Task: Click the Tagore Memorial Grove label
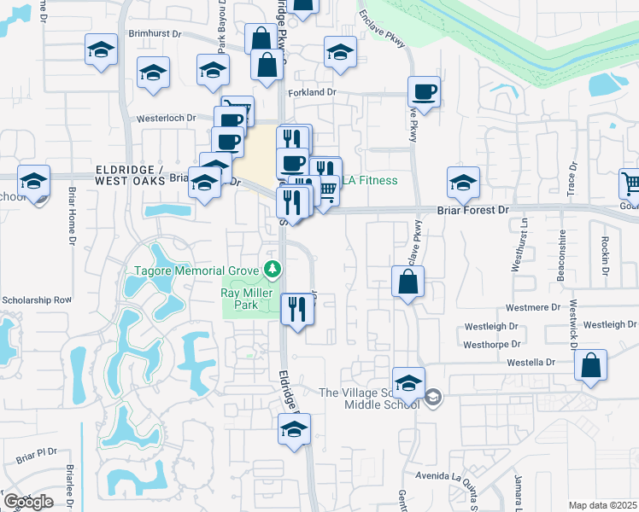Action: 196,271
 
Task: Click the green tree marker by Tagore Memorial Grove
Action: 273,271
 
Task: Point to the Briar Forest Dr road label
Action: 472,209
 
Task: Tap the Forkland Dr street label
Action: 314,91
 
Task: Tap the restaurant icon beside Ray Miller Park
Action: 297,308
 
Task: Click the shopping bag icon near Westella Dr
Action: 590,365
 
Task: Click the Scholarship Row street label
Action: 37,300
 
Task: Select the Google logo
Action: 28,501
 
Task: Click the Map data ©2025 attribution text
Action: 602,505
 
